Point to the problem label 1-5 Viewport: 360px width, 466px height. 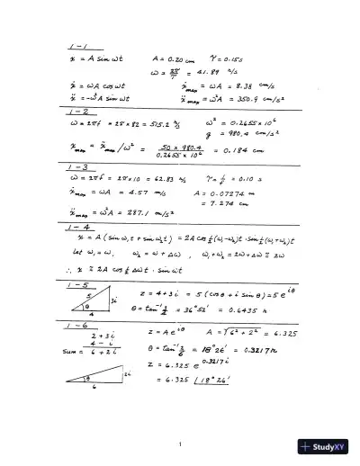click(x=76, y=283)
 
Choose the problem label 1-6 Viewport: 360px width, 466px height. click(x=77, y=324)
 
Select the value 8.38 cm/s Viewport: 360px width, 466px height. click(x=245, y=84)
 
